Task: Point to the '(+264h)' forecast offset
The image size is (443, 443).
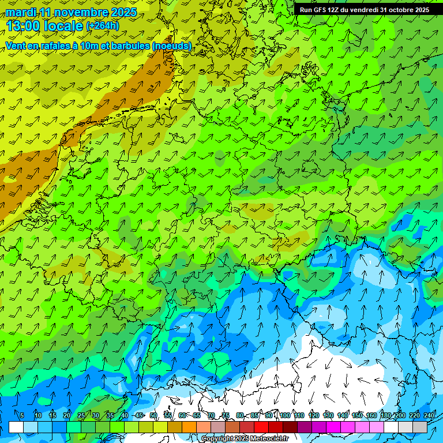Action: (x=103, y=26)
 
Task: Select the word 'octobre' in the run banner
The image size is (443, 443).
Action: (x=397, y=10)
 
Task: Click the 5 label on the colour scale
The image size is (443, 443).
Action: (x=22, y=415)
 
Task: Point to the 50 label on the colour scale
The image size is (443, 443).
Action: (x=153, y=415)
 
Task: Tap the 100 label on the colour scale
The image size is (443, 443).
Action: (x=284, y=415)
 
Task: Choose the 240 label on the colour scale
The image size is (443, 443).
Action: (x=429, y=415)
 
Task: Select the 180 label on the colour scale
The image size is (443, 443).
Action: (x=385, y=415)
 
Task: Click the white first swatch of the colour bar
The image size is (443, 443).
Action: (x=16, y=427)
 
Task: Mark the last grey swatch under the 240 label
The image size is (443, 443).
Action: (x=420, y=427)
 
